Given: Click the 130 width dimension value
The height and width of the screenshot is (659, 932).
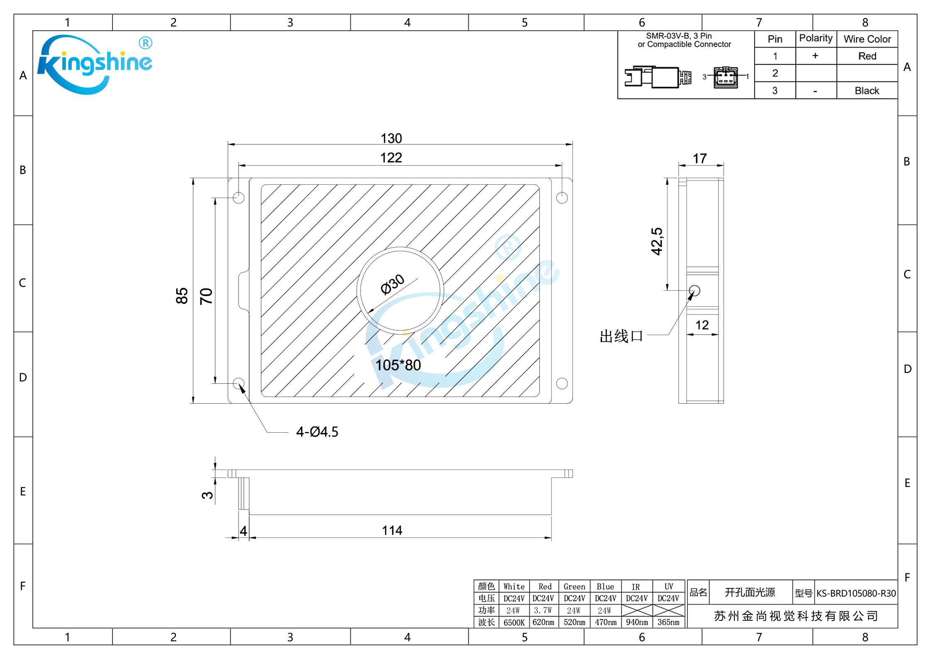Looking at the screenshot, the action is tap(391, 138).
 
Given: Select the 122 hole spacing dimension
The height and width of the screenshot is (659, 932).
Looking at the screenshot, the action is tap(391, 158).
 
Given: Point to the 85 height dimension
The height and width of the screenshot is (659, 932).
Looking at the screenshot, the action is tap(182, 296).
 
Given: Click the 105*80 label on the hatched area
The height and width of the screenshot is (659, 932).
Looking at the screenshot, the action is tap(398, 365).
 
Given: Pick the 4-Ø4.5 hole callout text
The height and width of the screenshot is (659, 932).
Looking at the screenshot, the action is tap(317, 432).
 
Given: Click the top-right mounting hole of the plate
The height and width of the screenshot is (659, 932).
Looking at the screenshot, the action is tap(562, 198).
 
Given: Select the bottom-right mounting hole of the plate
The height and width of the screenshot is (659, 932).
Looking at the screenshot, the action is tap(562, 383).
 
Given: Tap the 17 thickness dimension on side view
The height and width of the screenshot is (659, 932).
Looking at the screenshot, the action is tap(700, 158).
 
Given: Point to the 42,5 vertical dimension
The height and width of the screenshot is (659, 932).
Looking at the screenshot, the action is tap(657, 241).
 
